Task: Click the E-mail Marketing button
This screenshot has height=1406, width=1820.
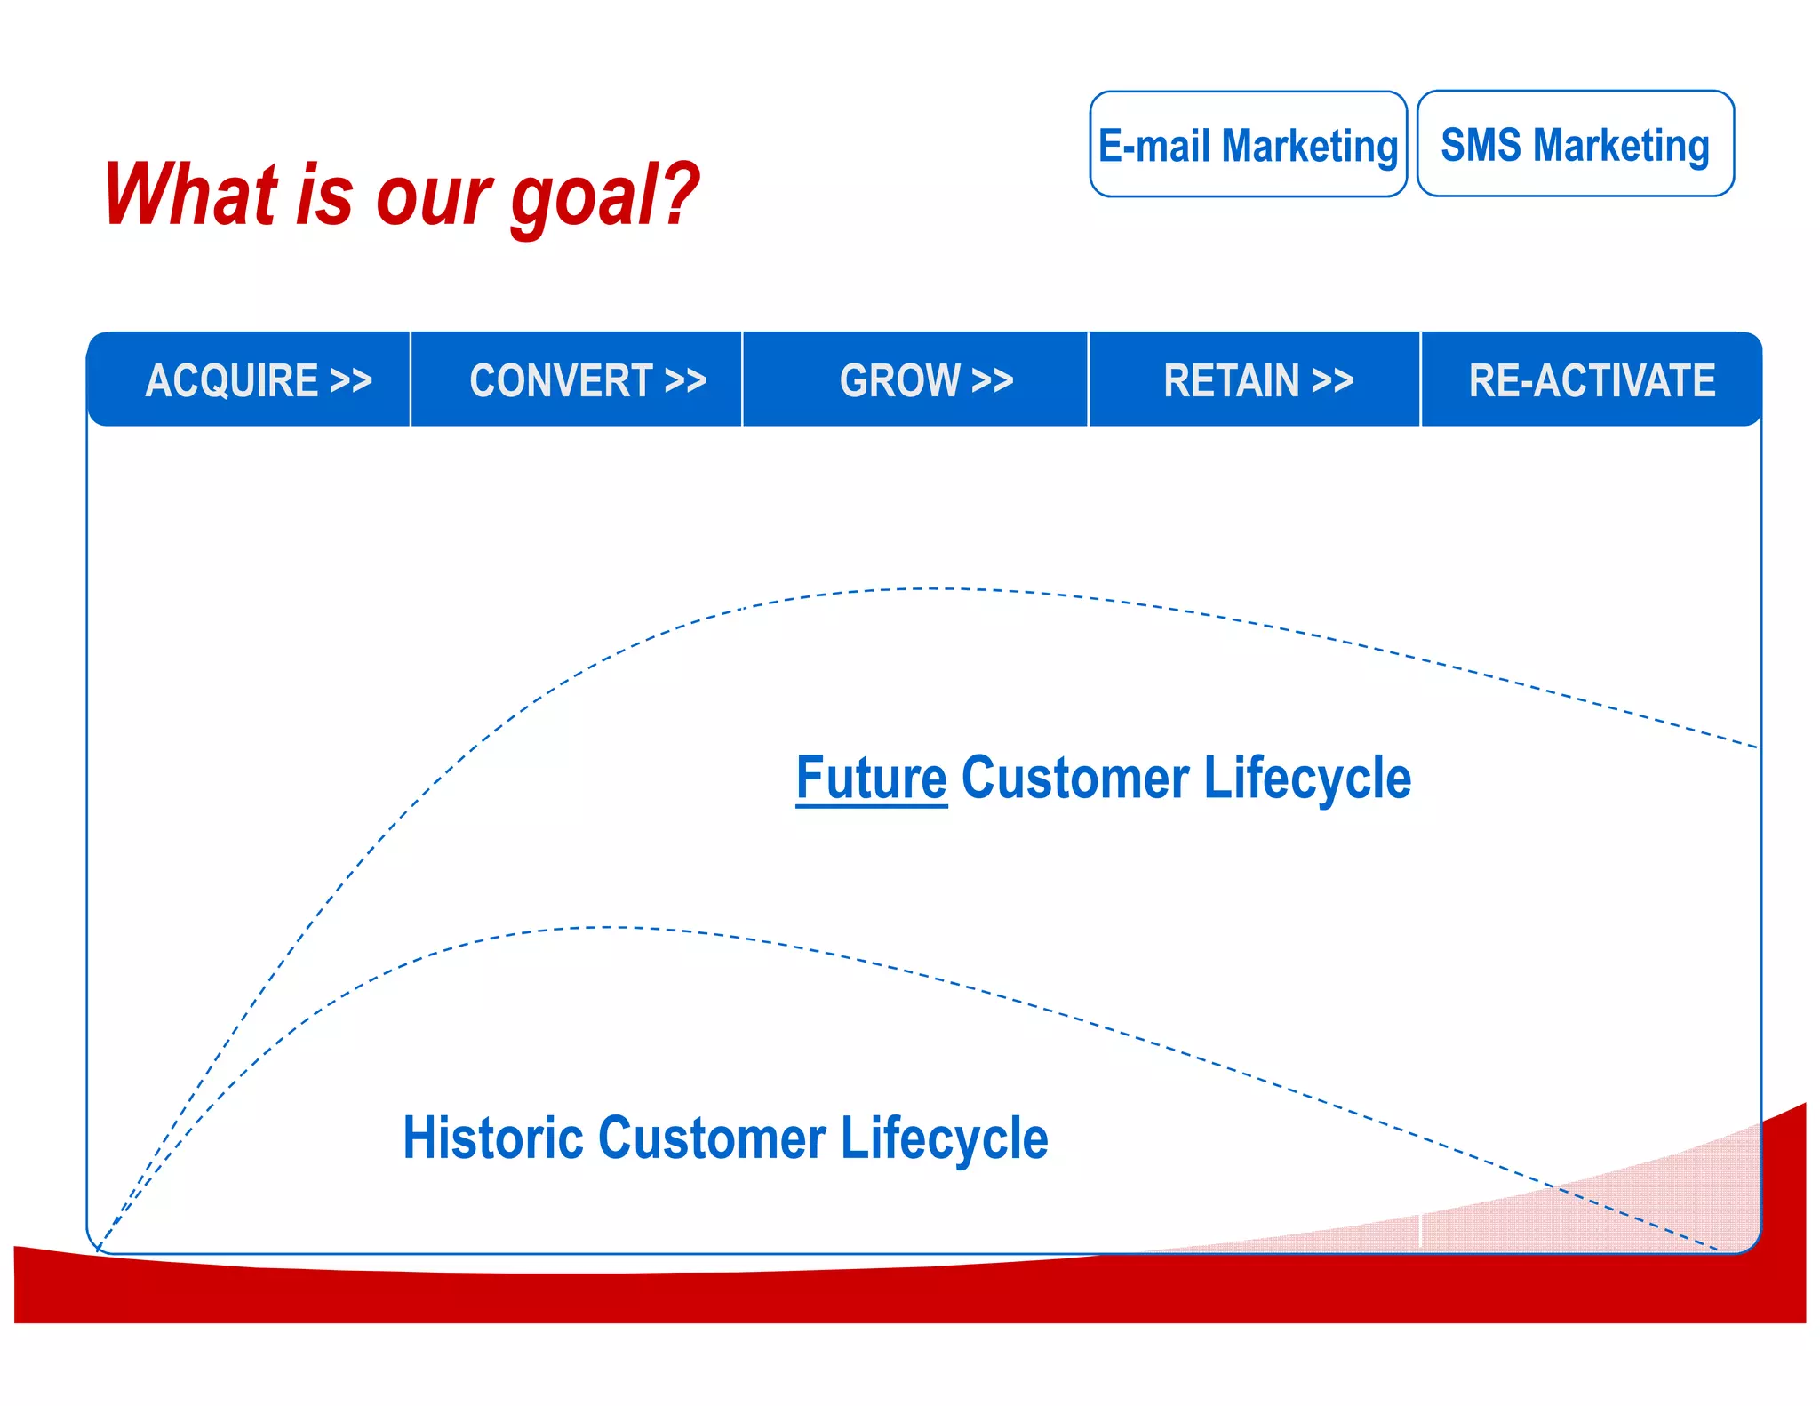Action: click(x=1248, y=144)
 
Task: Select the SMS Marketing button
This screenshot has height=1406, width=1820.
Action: click(x=1575, y=144)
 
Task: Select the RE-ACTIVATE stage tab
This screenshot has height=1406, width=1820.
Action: click(x=1591, y=380)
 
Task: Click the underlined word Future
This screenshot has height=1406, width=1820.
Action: click(x=871, y=779)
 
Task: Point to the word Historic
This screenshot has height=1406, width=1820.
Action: click(x=492, y=1138)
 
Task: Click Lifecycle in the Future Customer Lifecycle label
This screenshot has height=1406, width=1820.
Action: click(x=1306, y=779)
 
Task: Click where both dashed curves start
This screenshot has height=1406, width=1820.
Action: click(x=98, y=1250)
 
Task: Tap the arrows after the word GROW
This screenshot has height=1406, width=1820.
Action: click(x=992, y=380)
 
